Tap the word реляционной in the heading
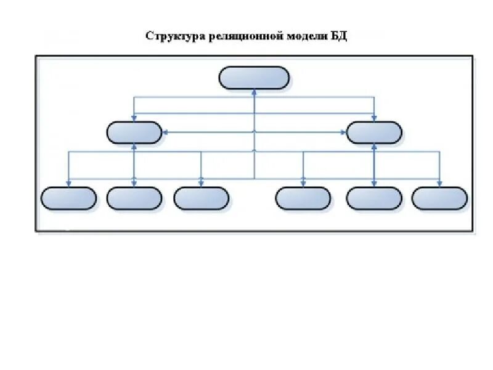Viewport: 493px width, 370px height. point(240,35)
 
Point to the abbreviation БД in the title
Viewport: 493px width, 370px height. point(339,35)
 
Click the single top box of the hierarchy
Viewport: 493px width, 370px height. point(254,78)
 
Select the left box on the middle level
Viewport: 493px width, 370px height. point(134,132)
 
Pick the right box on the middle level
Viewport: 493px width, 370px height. point(374,132)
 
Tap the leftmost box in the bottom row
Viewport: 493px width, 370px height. point(68,199)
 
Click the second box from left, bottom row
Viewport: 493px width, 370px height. point(134,199)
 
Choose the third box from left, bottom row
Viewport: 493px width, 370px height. point(201,199)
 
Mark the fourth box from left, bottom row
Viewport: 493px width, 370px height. point(303,199)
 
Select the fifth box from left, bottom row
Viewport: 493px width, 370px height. point(374,199)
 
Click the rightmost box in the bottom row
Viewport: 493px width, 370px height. point(439,199)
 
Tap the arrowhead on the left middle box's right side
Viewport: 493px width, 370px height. point(165,132)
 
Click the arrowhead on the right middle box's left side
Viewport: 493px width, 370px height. point(344,132)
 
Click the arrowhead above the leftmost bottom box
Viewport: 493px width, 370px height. point(68,184)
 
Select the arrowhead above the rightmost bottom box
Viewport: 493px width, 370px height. point(439,184)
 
